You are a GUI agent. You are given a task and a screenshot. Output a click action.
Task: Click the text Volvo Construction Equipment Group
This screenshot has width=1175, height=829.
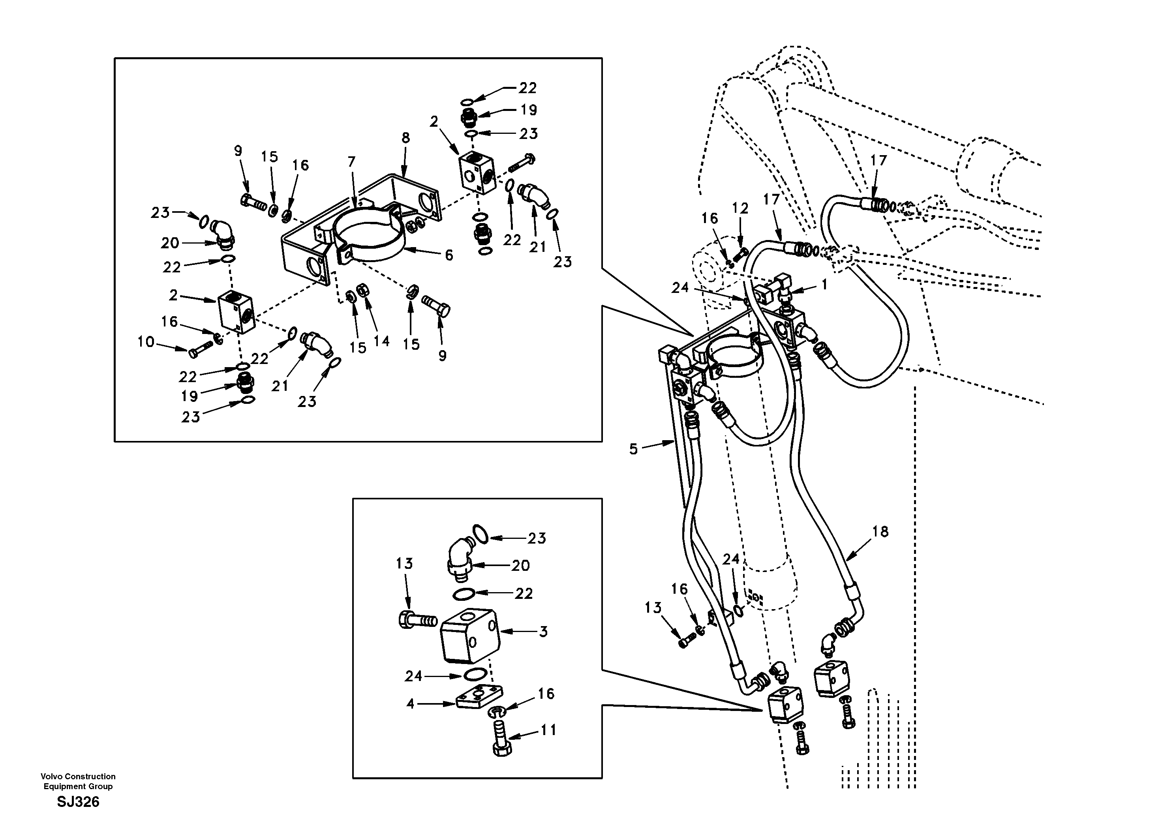click(x=78, y=781)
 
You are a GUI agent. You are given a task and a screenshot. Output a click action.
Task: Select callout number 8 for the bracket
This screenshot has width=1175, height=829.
click(x=405, y=138)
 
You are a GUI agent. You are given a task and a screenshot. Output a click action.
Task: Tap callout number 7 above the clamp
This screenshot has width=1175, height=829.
click(x=351, y=162)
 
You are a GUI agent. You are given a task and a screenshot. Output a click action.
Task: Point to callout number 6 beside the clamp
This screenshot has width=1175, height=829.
click(x=449, y=255)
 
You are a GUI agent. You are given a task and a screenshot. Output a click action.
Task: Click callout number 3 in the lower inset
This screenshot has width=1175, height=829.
click(x=543, y=632)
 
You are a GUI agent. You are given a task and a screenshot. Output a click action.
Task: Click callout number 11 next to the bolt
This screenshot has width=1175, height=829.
click(x=548, y=730)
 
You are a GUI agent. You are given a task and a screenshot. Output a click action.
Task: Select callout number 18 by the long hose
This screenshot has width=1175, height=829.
click(x=880, y=532)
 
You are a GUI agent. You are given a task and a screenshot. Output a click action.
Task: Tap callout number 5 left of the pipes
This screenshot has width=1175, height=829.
click(x=634, y=449)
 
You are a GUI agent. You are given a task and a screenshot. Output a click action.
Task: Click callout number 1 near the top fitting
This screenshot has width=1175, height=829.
click(x=824, y=285)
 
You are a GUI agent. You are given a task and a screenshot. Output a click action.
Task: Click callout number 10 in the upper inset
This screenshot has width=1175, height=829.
click(x=146, y=341)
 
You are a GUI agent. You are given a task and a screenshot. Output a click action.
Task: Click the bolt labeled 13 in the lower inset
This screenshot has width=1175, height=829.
click(x=415, y=621)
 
